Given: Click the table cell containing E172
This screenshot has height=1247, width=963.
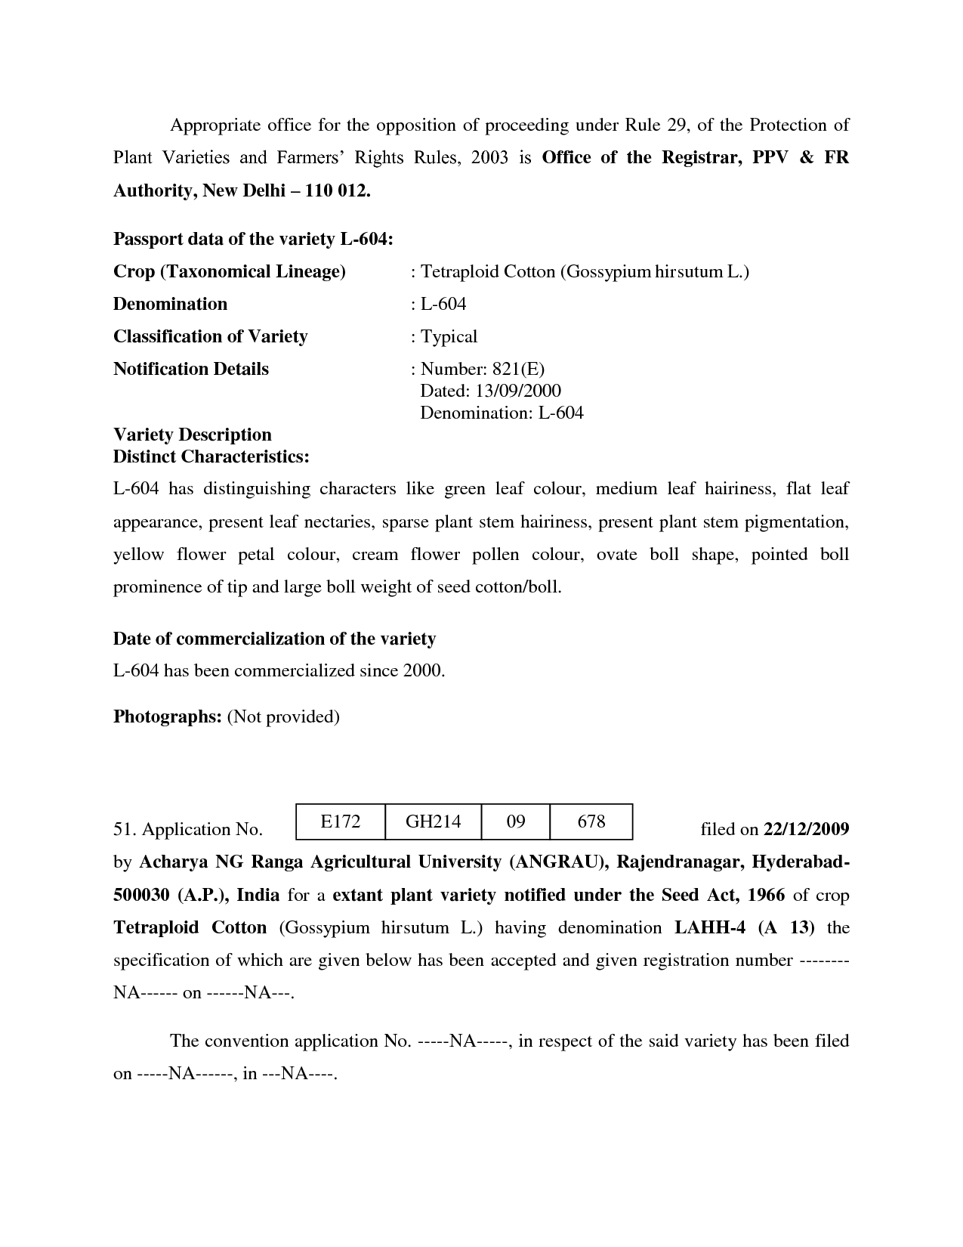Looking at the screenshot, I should [x=341, y=822].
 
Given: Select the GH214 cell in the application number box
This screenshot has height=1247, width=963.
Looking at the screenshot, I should [x=433, y=822].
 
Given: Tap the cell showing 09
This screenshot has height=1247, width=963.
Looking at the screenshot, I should [x=516, y=822].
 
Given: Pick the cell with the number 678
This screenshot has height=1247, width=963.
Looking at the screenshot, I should [x=591, y=822].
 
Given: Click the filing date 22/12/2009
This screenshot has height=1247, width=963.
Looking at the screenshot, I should [x=807, y=829].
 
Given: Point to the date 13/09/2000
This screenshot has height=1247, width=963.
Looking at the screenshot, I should [x=518, y=391].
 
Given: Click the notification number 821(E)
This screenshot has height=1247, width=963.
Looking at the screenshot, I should [x=518, y=369].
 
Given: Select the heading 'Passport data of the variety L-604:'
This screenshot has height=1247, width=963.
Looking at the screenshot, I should [x=253, y=239].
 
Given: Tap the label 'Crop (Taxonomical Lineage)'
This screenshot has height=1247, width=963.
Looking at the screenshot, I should [x=230, y=271].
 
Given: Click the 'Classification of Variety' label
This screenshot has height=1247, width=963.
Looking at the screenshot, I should [x=211, y=336].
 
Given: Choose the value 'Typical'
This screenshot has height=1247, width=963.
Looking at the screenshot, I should [x=449, y=336].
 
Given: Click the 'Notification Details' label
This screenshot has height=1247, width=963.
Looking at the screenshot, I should [x=191, y=369].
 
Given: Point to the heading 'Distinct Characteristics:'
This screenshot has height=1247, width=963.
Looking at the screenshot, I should [x=211, y=456].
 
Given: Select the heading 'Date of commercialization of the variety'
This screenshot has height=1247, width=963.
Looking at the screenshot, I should [x=274, y=639].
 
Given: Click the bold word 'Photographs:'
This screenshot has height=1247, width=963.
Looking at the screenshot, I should [x=167, y=716].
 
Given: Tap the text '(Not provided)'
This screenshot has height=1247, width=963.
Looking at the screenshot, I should [x=283, y=716].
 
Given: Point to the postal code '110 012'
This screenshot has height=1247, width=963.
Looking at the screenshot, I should [x=337, y=190].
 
